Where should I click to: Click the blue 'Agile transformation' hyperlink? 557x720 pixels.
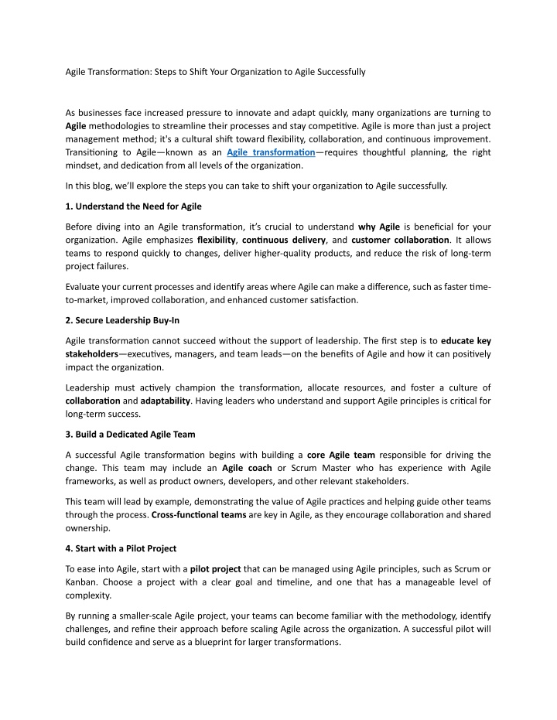(271, 153)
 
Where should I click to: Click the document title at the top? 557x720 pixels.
(214, 72)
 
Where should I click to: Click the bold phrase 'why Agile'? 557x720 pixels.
(379, 227)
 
